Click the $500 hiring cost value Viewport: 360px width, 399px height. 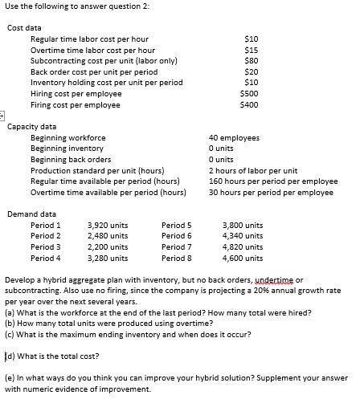249,94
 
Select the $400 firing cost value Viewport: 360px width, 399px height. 249,105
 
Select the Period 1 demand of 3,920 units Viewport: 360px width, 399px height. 107,226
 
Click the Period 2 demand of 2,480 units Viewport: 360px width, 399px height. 107,237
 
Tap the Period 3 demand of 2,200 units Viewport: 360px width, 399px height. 107,247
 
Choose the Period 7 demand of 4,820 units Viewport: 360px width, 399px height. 242,247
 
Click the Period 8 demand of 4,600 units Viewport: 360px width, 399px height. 242,259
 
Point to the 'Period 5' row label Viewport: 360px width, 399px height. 177,226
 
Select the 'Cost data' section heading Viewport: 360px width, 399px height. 24,26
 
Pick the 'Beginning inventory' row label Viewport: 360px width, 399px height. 67,149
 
